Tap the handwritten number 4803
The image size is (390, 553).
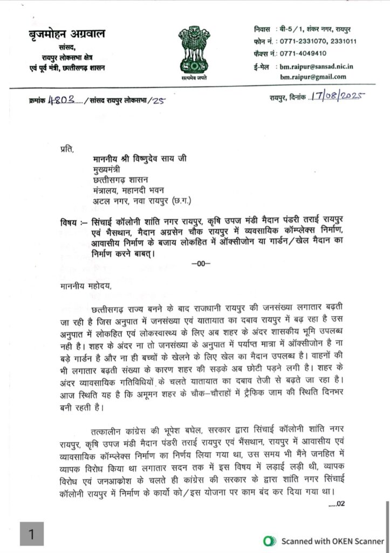click(60, 100)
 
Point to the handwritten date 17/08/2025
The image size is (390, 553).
click(338, 97)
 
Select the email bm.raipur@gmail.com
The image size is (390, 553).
click(313, 77)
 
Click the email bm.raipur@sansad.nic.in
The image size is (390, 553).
click(316, 66)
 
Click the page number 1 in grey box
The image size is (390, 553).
click(32, 534)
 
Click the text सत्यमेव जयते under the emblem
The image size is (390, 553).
click(195, 78)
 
